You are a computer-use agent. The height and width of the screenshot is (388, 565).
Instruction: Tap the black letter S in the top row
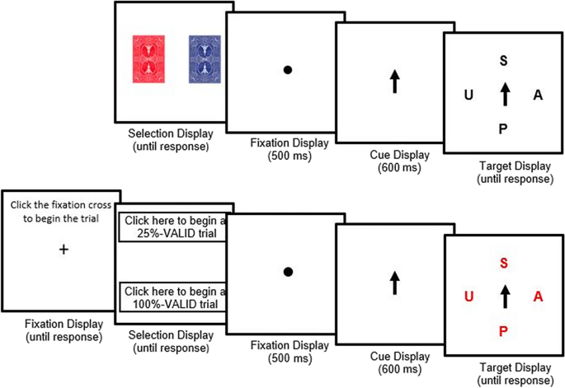pyautogui.click(x=504, y=59)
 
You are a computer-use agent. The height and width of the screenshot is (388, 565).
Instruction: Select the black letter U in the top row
pyautogui.click(x=468, y=95)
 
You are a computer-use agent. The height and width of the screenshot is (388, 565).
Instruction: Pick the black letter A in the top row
pyautogui.click(x=538, y=95)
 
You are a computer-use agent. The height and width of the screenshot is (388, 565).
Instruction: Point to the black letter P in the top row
pyautogui.click(x=504, y=129)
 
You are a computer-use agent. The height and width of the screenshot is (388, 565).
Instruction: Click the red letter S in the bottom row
pyautogui.click(x=504, y=264)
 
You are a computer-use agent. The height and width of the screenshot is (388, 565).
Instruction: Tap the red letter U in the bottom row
pyautogui.click(x=468, y=297)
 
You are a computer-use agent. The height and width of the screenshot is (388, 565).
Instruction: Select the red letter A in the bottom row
pyautogui.click(x=538, y=297)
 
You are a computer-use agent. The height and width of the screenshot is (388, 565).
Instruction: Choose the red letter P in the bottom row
pyautogui.click(x=504, y=331)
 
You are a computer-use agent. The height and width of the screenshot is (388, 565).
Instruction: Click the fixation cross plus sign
pyautogui.click(x=64, y=249)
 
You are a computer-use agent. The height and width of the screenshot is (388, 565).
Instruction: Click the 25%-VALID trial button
pyautogui.click(x=174, y=227)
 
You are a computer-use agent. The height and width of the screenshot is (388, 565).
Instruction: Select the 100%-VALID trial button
pyautogui.click(x=174, y=297)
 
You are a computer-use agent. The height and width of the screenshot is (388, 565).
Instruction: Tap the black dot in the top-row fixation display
pyautogui.click(x=288, y=70)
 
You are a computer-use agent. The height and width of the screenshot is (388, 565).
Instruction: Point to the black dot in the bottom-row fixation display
pyautogui.click(x=288, y=272)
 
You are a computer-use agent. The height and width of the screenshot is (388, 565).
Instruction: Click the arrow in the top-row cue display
pyautogui.click(x=394, y=80)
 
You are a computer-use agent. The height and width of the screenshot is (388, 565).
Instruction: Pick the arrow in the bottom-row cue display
pyautogui.click(x=394, y=283)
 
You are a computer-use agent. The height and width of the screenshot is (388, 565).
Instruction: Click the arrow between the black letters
pyautogui.click(x=504, y=93)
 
